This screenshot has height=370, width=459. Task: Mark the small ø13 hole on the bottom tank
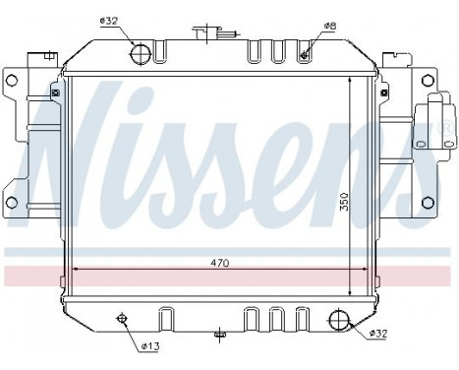tap(123, 317)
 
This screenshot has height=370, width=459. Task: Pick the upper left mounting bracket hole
tap(12, 80)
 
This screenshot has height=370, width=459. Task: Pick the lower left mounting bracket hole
tap(12, 204)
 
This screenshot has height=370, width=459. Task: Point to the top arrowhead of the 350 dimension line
tap(352, 76)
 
